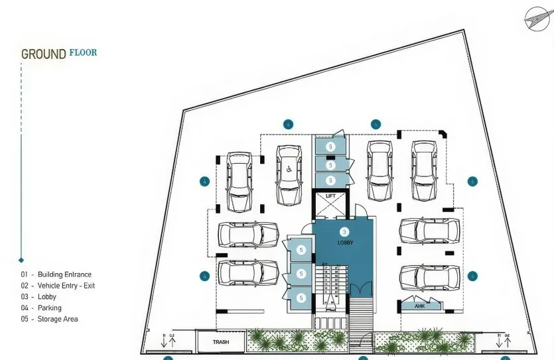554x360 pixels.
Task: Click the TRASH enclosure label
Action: tap(221, 342)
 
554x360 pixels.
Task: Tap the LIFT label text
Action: tap(330, 196)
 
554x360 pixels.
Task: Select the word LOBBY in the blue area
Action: tap(345, 243)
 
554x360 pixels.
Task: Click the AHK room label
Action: tap(419, 306)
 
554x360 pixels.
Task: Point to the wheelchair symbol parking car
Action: tap(289, 176)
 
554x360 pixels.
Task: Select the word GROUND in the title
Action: tap(44, 54)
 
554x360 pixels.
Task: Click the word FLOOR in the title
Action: tap(83, 52)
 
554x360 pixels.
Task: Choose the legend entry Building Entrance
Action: tap(64, 274)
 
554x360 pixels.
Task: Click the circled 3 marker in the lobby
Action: tap(344, 231)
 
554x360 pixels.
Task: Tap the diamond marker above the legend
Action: tap(21, 260)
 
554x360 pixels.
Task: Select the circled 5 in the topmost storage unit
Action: tap(330, 145)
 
